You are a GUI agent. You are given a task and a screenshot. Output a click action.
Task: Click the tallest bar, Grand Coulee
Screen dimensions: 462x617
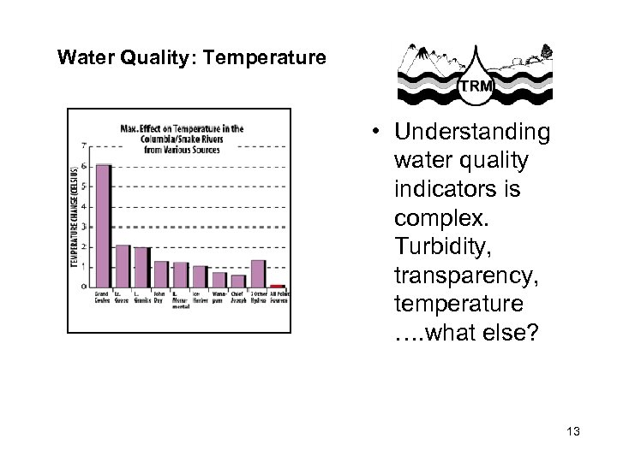click(103, 226)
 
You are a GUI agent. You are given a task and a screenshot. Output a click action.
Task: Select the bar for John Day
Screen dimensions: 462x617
click(161, 274)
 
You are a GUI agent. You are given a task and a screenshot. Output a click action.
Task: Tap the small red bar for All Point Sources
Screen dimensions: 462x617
click(278, 286)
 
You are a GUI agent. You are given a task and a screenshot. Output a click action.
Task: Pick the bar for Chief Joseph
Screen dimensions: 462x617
click(238, 281)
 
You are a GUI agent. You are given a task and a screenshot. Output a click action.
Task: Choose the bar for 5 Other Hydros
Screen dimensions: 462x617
click(258, 274)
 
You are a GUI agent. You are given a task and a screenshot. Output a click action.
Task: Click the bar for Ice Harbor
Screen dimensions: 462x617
click(200, 276)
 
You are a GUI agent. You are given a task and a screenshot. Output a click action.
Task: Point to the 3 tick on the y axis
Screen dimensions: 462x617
click(83, 226)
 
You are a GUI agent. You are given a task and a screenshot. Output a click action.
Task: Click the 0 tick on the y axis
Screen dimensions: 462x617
click(83, 287)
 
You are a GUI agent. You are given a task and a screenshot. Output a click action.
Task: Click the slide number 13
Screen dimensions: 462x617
click(573, 432)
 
